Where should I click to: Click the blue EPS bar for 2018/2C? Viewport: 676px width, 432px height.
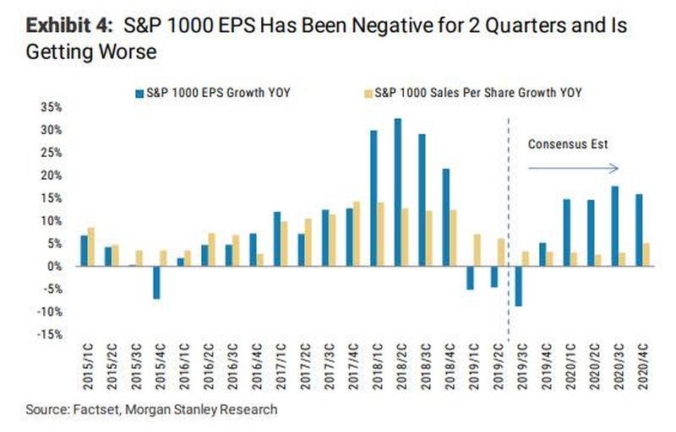tap(398, 192)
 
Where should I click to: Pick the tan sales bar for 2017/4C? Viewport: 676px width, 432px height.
tap(357, 234)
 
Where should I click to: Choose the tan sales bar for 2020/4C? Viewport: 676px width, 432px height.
tap(647, 255)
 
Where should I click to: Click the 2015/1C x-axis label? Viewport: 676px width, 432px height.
tap(85, 368)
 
